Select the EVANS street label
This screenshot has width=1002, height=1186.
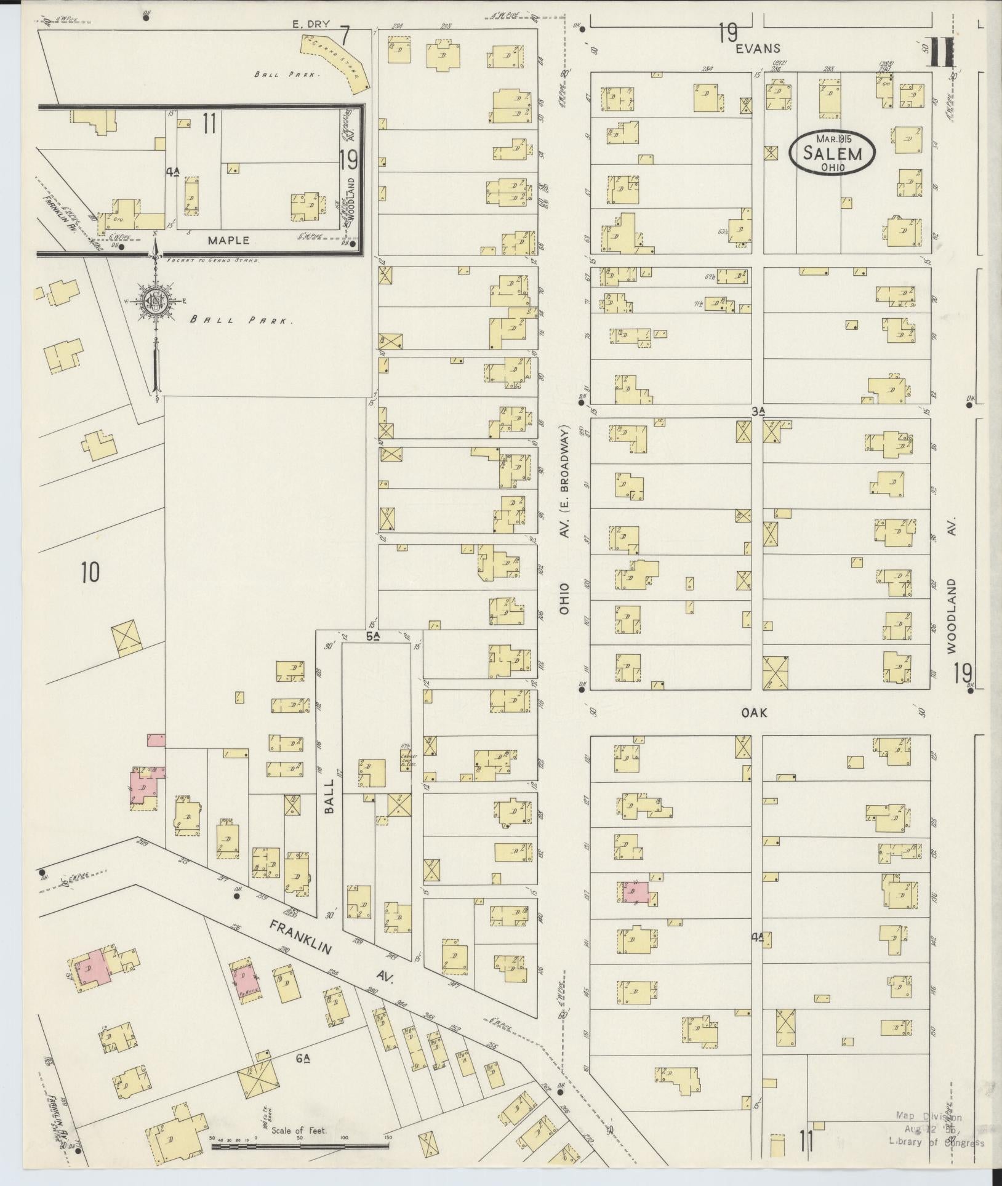click(x=761, y=49)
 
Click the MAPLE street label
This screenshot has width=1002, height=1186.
click(x=228, y=240)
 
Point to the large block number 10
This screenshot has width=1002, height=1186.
click(x=89, y=572)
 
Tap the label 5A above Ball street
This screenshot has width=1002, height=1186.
click(x=372, y=636)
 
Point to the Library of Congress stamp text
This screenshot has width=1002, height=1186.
click(x=936, y=1142)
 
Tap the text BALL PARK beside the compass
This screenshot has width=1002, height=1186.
click(x=240, y=320)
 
